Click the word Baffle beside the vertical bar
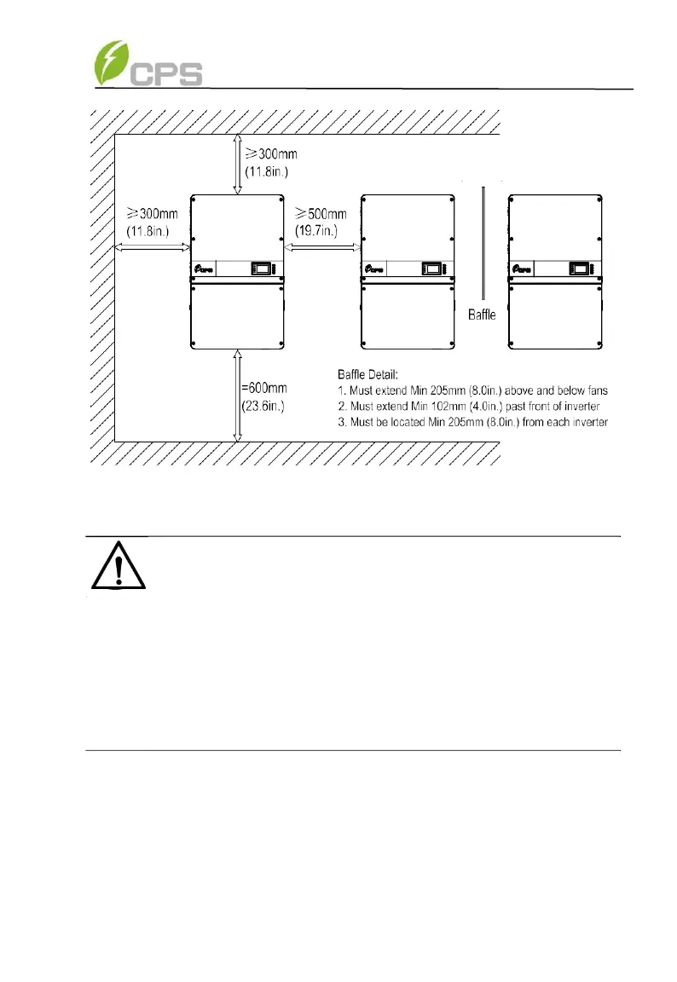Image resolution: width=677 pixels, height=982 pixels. tap(483, 315)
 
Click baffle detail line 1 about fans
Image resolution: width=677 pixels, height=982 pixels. tap(473, 390)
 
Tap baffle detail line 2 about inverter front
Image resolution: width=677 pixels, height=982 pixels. tap(473, 407)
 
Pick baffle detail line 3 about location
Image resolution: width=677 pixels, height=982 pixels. tap(473, 424)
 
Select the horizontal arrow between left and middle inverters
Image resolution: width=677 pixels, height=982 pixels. tap(321, 247)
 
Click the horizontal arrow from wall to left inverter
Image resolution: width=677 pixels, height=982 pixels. tap(152, 247)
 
